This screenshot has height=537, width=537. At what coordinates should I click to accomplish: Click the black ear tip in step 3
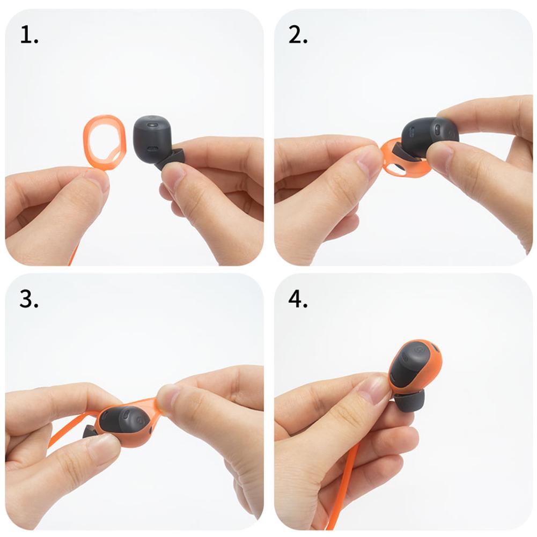tap(89, 432)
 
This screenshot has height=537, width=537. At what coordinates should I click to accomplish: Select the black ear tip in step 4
tap(410, 401)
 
